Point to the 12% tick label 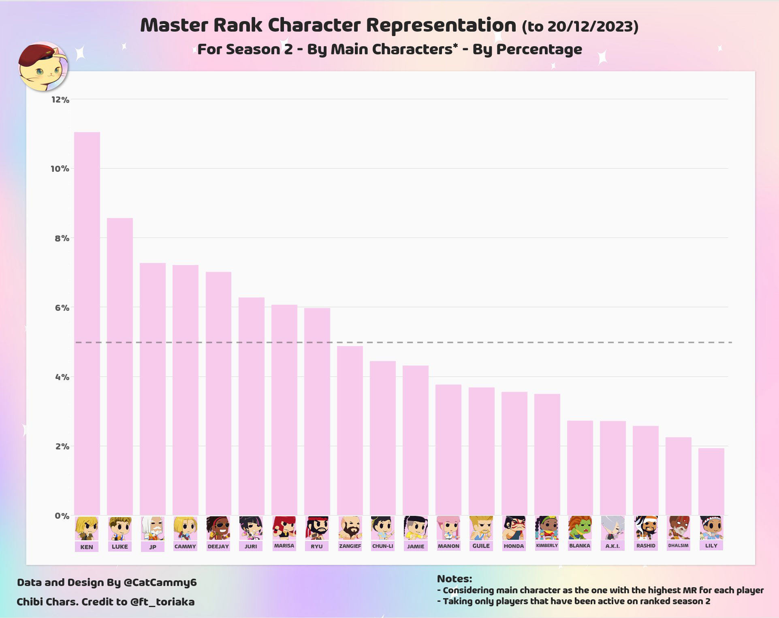point(60,100)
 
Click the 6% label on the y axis point(62,308)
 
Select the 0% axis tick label point(62,516)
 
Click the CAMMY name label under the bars point(185,546)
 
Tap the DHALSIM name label point(678,545)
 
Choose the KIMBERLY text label point(547,545)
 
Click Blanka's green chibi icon point(579,528)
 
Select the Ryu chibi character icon point(317,528)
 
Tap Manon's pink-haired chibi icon point(448,528)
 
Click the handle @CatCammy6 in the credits point(160,582)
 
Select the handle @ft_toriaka point(162,602)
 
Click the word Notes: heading point(454,579)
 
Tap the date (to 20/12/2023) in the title point(580,26)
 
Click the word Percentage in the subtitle point(539,49)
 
